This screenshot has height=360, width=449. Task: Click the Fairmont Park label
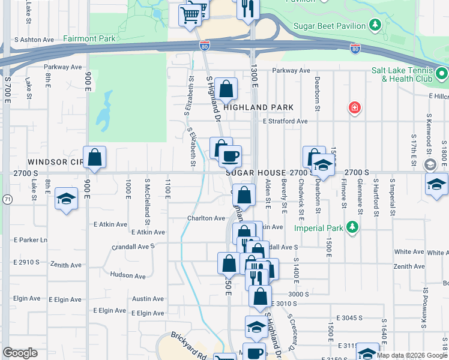pos(89,39)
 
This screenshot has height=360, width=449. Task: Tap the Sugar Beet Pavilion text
pos(330,26)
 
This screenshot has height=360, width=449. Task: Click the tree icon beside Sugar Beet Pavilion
pos(375,25)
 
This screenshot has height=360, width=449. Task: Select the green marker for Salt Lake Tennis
pos(442,74)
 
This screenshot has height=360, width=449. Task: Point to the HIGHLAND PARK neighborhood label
pos(259,107)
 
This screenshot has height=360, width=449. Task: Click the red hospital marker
pos(355,108)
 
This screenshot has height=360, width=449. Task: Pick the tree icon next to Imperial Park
pos(352,228)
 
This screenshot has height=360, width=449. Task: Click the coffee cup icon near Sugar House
pos(229,157)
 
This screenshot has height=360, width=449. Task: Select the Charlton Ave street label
pos(206,218)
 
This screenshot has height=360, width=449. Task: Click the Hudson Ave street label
pos(128,276)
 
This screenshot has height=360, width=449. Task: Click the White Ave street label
pos(409,253)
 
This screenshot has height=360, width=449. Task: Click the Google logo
pos(20,353)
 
